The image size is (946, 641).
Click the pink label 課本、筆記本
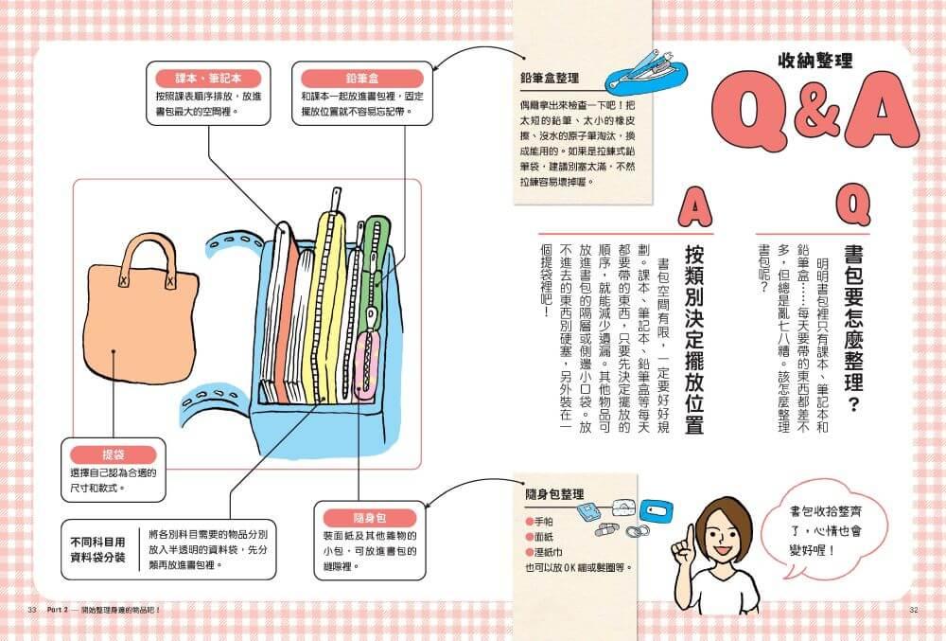pos(208,78)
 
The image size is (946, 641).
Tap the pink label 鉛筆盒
pos(362,78)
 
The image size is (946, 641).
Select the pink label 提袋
pos(113,454)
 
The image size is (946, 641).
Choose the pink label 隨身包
pos(370,518)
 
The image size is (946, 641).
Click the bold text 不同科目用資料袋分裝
pos(97,549)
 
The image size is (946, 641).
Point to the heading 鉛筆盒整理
pos(550,78)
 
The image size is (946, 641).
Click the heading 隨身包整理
pos(554,494)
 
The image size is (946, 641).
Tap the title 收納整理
pos(815,61)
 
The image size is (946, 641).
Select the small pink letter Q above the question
pos(853,205)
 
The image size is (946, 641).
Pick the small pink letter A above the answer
pos(695,206)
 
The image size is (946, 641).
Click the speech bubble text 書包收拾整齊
pos(826,511)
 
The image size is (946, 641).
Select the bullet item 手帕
pos(539,522)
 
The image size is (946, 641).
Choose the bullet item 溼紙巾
pos(544,552)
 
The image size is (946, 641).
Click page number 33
pos(32,610)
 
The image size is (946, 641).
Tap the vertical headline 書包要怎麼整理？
pos(853,329)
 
